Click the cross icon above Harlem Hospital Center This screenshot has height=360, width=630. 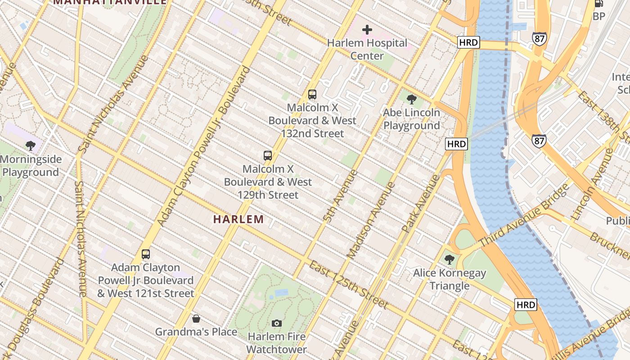367,30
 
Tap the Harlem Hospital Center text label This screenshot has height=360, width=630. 367,49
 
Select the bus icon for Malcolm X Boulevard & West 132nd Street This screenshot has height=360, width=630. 312,94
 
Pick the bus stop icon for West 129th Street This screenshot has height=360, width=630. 268,156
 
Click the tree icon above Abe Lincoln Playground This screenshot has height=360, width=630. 411,99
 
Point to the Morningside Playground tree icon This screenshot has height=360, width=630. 31,145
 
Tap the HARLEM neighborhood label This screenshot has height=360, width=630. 238,220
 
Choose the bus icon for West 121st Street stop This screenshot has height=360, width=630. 146,254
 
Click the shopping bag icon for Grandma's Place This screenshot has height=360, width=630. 196,319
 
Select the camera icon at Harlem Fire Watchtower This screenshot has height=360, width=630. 277,323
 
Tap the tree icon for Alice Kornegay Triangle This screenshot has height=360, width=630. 449,259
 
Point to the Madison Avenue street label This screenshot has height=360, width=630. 372,220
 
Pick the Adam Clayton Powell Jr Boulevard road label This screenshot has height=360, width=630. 204,147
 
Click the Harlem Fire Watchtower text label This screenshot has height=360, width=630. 277,343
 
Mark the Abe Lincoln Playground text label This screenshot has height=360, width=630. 411,119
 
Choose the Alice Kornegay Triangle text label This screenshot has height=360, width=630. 450,279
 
